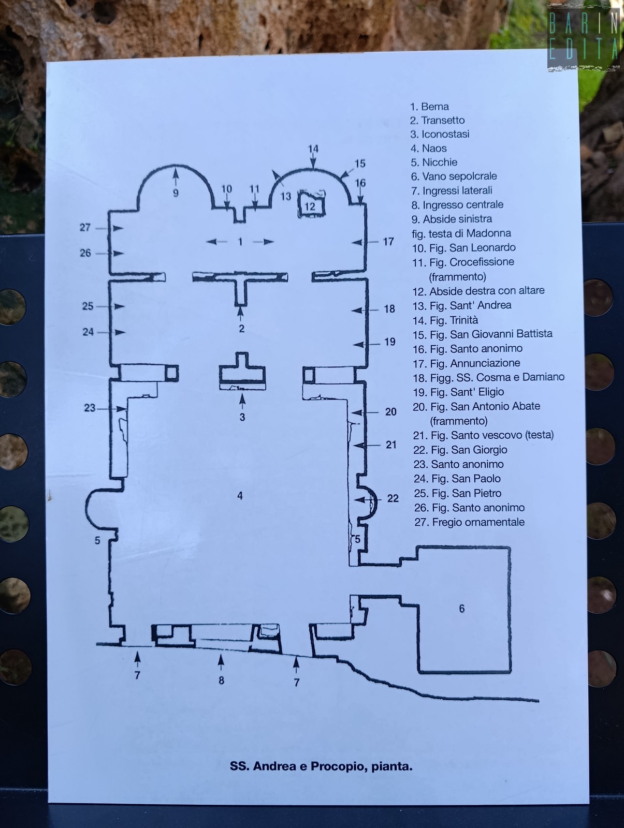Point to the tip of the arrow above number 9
176,168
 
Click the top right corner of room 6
510,548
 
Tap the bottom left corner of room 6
419,672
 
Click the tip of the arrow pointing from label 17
352,242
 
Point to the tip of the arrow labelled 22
355,499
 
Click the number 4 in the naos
240,496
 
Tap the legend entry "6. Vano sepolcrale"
454,176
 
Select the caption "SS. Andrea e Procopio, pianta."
321,766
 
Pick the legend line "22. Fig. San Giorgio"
460,450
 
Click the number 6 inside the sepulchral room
461,608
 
